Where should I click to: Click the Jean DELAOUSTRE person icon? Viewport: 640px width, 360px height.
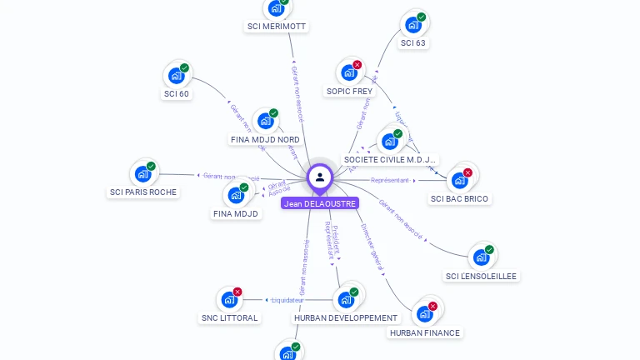[x=320, y=177]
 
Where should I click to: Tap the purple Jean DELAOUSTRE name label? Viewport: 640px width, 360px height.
[x=320, y=203]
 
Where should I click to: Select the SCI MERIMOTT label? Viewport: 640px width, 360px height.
[x=277, y=27]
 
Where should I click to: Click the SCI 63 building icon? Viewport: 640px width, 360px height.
[x=412, y=25]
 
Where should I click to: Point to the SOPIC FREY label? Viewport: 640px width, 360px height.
[x=349, y=91]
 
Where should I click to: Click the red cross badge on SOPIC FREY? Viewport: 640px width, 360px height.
[x=357, y=65]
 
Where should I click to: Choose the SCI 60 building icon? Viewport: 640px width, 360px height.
[x=176, y=76]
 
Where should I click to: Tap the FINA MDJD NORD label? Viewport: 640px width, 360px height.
[x=265, y=139]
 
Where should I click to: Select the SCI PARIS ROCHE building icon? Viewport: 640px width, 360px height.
[x=142, y=175]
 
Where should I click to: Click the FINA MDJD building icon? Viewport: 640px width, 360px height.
[x=236, y=196]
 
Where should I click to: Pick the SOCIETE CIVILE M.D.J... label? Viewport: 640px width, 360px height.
[x=390, y=159]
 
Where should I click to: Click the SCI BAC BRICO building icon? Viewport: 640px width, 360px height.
[x=459, y=180]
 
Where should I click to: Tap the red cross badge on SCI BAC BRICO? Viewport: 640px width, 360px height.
[x=467, y=172]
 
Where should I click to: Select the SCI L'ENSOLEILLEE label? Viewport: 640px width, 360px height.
[x=481, y=276]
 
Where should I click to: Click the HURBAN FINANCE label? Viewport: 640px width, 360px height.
[x=424, y=332]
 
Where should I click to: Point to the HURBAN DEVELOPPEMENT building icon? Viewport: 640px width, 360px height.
[x=345, y=300]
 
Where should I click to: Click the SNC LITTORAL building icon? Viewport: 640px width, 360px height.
[x=229, y=300]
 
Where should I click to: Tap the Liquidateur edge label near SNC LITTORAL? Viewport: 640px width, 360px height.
[x=288, y=300]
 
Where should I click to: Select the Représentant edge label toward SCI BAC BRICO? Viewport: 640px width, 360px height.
[x=390, y=180]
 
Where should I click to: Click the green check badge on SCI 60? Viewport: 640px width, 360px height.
[x=184, y=67]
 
